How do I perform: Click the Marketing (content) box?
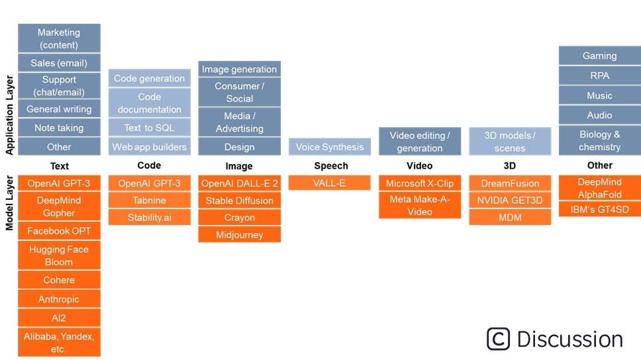click(59, 38)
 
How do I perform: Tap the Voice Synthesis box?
click(329, 147)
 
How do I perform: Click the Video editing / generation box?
click(420, 142)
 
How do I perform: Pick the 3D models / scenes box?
click(510, 142)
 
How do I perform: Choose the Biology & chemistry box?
click(599, 141)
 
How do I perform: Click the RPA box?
click(599, 75)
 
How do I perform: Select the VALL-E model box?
click(329, 183)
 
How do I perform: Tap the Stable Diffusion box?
click(239, 201)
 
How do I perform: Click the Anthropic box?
click(59, 299)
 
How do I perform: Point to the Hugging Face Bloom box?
click(59, 255)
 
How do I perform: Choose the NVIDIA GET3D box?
click(510, 201)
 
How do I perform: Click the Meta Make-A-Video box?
click(420, 206)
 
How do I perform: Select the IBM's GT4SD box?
click(599, 210)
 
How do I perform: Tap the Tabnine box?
click(150, 201)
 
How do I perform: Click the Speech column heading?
click(330, 165)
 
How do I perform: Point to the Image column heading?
click(239, 166)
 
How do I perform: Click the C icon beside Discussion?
click(499, 339)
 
